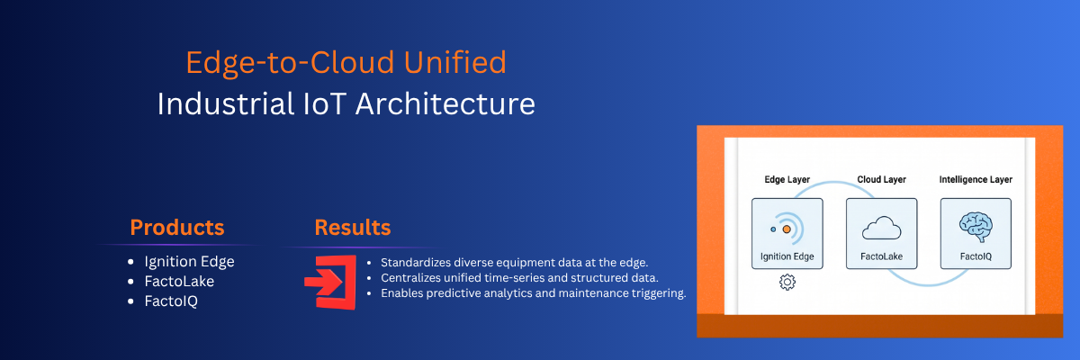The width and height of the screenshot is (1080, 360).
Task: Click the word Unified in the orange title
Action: (454, 62)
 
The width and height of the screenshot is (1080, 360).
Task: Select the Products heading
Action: (177, 227)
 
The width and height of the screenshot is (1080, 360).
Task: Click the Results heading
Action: (353, 227)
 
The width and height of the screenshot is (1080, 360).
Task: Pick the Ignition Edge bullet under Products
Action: (189, 262)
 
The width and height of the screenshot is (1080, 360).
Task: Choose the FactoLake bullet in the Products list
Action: (179, 281)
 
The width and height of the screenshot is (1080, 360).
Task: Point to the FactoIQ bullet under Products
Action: (171, 301)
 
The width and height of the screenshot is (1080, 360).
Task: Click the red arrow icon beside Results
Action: (331, 283)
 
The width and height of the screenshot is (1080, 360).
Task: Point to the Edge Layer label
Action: (787, 180)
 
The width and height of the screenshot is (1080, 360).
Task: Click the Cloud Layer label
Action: (881, 180)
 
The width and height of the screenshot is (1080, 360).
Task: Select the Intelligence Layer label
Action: (976, 180)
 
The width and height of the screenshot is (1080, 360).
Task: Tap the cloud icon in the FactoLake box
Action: (881, 228)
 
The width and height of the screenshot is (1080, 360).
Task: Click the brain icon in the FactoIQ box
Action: (976, 227)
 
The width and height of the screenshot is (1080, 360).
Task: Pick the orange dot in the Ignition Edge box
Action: (787, 229)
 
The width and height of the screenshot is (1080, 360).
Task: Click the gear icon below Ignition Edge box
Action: (787, 282)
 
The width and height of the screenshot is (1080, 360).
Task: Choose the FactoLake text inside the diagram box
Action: (881, 256)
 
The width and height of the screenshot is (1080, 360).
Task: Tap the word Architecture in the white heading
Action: (445, 103)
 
